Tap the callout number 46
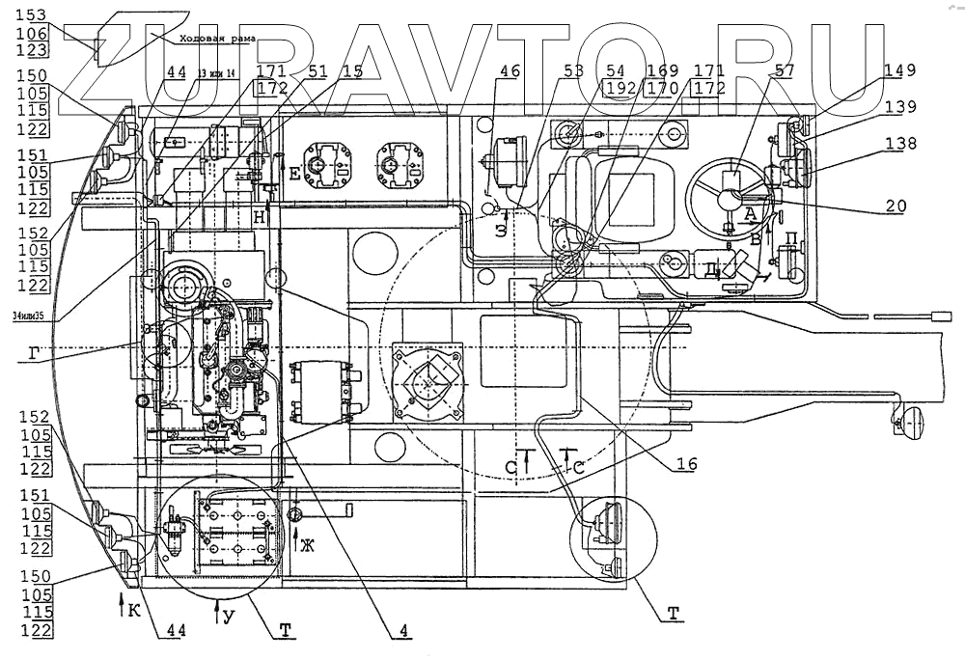pos(510,70)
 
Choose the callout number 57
pos(785,70)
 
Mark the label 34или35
pos(31,316)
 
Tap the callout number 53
pos(572,70)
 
